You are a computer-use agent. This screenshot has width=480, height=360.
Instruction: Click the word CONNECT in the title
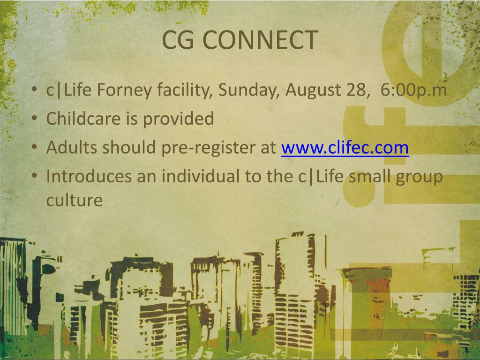(x=261, y=40)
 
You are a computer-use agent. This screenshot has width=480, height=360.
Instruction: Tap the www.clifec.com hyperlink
(x=345, y=148)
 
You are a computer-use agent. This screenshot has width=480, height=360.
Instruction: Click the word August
(x=314, y=90)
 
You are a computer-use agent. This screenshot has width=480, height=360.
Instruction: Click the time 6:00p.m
(x=414, y=90)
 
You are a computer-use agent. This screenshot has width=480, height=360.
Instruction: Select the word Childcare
(x=83, y=119)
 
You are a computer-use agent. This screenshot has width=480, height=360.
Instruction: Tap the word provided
(x=178, y=119)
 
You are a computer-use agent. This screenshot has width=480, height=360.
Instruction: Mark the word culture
(x=74, y=200)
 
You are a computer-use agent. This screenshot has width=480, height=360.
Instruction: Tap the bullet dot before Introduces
(x=36, y=177)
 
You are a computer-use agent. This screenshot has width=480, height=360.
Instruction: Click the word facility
(x=184, y=90)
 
